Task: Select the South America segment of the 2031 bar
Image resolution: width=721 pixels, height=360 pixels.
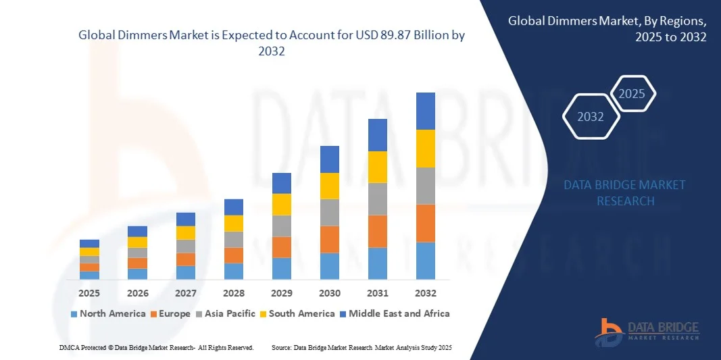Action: click(377, 167)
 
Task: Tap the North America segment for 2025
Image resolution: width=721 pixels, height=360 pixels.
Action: click(89, 275)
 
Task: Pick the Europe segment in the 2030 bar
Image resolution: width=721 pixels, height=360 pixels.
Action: click(329, 239)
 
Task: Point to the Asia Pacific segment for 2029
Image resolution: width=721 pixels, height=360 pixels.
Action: click(281, 226)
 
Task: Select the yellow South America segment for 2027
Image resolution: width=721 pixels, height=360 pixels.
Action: click(186, 232)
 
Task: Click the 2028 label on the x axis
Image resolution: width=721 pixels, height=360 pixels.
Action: click(233, 293)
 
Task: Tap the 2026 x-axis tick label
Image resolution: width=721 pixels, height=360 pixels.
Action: click(137, 293)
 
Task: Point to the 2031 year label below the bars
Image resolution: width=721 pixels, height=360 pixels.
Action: click(377, 293)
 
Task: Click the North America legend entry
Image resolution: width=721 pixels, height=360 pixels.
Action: click(108, 313)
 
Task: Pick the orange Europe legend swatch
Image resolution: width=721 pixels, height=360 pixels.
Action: click(153, 314)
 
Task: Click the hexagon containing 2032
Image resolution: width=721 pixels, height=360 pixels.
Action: click(591, 117)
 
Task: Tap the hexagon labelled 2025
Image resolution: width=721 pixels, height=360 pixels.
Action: click(632, 94)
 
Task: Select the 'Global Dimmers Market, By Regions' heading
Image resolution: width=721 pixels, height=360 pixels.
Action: click(607, 22)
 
